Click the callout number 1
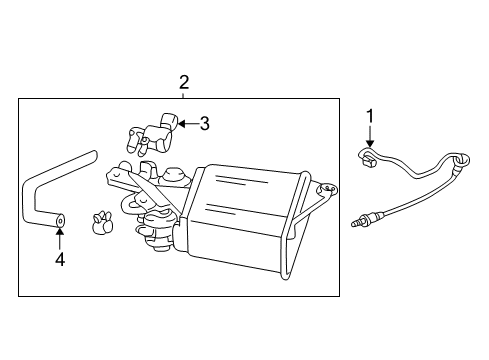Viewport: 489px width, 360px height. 369,117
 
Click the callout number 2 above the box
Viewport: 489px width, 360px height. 184,82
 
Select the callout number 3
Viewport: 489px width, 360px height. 204,124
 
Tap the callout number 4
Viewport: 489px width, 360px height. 59,260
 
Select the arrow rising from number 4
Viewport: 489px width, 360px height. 59,236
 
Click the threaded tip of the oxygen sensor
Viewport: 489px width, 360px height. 359,221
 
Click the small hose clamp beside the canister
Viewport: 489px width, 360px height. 101,225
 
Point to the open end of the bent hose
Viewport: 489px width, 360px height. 60,219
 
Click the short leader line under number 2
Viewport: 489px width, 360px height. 184,95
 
